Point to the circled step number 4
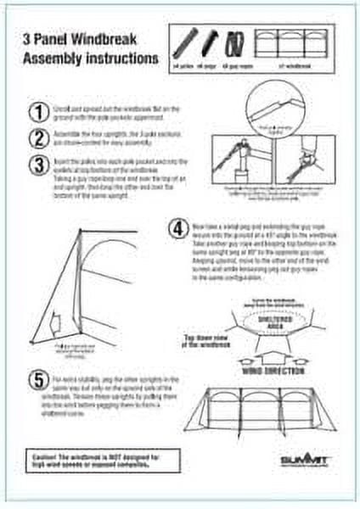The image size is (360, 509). pyautogui.click(x=177, y=228)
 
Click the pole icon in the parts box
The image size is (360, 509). pyautogui.click(x=186, y=39)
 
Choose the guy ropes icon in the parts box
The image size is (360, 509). pyautogui.click(x=235, y=40)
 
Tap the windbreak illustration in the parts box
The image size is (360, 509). pyautogui.click(x=295, y=39)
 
